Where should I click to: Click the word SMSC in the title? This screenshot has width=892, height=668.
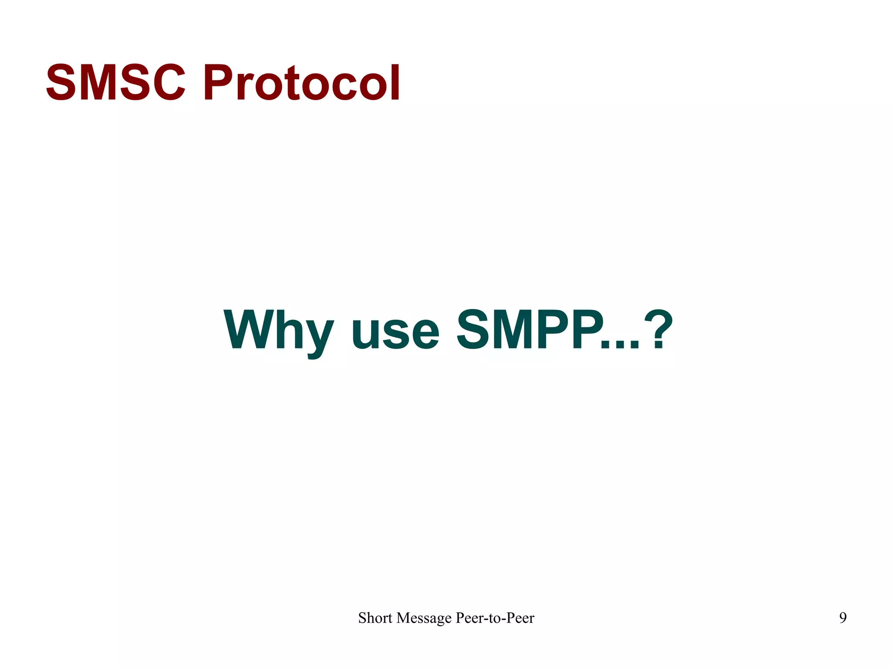click(115, 83)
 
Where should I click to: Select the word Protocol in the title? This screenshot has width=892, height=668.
click(301, 83)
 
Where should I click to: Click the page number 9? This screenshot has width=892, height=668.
click(843, 618)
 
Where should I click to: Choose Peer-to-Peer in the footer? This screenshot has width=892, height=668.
click(495, 618)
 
